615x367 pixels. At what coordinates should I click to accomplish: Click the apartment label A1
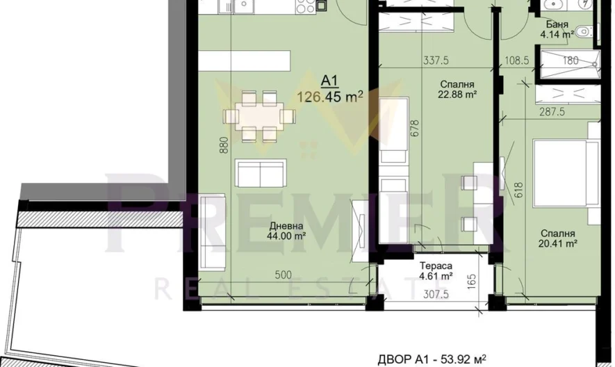click(x=329, y=81)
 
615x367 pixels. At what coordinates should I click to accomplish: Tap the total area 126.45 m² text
click(x=330, y=97)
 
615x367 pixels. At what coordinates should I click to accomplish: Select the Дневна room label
click(x=287, y=226)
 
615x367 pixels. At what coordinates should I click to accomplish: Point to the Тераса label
click(x=436, y=266)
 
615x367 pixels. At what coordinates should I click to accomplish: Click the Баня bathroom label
click(x=554, y=24)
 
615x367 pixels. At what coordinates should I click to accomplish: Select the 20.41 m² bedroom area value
click(x=557, y=244)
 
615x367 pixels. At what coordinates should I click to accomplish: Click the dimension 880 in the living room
click(x=224, y=145)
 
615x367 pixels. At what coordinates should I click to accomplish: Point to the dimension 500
click(x=284, y=275)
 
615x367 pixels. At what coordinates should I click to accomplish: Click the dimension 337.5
click(x=436, y=60)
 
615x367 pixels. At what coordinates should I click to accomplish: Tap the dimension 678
click(x=416, y=129)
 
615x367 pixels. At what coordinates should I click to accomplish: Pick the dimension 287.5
click(x=552, y=112)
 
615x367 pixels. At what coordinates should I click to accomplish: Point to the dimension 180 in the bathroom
click(x=571, y=60)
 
